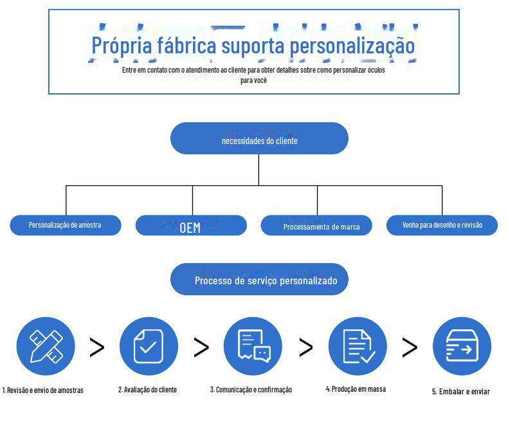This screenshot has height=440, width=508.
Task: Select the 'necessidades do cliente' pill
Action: point(259,139)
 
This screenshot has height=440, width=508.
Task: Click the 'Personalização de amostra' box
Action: point(65,225)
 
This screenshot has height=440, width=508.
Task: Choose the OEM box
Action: point(190,226)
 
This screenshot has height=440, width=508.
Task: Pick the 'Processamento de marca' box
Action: point(316,226)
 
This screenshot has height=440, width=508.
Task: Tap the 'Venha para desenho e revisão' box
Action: point(442,225)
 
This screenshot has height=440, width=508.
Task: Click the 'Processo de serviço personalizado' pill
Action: point(259,280)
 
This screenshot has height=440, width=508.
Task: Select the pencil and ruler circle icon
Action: point(46,347)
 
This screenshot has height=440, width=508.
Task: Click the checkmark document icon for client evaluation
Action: point(149,347)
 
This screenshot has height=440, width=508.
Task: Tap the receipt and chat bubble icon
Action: point(253,347)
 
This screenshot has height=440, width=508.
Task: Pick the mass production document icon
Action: point(358,347)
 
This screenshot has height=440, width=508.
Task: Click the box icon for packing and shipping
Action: point(462,347)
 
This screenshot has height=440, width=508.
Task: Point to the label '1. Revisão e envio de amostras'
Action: point(44,390)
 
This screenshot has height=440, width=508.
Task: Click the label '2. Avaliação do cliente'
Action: point(147,390)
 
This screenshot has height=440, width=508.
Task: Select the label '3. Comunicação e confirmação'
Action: point(251,390)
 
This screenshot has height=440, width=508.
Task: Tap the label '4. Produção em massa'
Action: point(356,389)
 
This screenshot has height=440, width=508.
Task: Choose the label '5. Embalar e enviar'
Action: point(460,392)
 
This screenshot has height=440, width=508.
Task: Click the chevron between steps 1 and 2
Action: point(96,347)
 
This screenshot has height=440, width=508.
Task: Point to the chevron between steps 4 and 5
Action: point(410,347)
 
